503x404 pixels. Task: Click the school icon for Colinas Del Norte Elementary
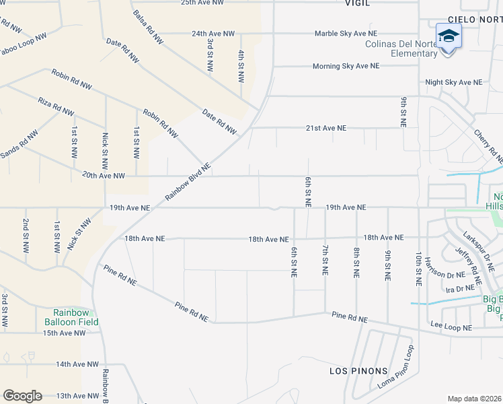(x=449, y=36)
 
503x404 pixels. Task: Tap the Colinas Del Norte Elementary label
(x=401, y=49)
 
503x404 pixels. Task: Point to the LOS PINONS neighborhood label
(x=358, y=371)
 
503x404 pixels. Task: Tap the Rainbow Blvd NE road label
(x=188, y=181)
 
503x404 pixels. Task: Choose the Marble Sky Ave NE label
(x=346, y=33)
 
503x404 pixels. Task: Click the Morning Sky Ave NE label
(x=346, y=66)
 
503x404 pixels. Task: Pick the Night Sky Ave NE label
(x=453, y=82)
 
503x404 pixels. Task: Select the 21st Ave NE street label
(x=326, y=127)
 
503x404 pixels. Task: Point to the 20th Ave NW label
(x=104, y=176)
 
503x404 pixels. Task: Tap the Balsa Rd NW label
(x=148, y=28)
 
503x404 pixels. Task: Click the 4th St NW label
(x=241, y=65)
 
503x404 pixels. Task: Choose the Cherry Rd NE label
(x=488, y=147)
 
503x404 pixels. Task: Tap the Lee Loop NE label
(x=452, y=327)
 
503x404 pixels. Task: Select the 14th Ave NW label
(x=77, y=364)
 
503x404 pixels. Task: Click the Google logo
(x=22, y=396)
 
